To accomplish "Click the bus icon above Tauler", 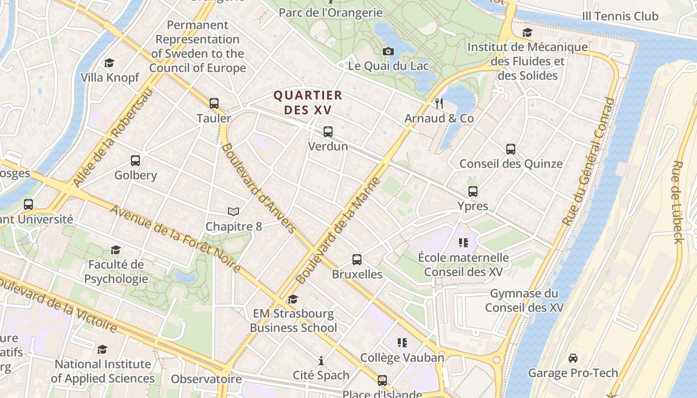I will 214,103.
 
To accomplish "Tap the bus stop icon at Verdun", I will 328,132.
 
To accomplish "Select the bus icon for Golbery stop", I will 135,161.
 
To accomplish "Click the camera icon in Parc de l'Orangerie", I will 388,51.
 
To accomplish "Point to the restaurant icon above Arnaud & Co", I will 439,103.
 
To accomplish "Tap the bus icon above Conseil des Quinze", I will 511,149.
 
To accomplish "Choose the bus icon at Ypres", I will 473,192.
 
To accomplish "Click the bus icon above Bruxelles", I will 357,260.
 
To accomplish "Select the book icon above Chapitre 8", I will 233,212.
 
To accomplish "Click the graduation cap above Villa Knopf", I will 110,63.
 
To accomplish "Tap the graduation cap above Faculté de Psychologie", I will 116,250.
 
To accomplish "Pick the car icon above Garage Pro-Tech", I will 573,358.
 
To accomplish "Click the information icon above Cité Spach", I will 321,361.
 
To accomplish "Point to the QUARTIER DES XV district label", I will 308,102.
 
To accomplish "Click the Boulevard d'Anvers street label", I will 258,188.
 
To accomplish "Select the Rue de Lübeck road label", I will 678,201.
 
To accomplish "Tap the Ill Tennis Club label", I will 620,16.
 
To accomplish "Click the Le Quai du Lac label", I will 388,66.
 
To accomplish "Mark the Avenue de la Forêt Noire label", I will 175,239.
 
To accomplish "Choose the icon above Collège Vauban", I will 402,343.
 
